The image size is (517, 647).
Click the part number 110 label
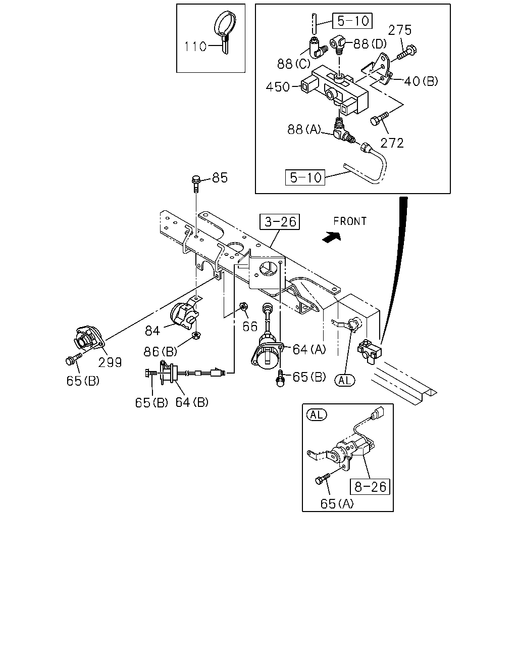(x=195, y=47)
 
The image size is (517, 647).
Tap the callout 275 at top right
(x=399, y=30)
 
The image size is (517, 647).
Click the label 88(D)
(x=370, y=44)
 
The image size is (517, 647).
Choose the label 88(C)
(x=293, y=64)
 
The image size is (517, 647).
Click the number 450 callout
(x=278, y=87)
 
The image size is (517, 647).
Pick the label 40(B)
(x=421, y=81)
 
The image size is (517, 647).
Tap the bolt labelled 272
(x=379, y=118)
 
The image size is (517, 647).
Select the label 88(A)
(x=304, y=129)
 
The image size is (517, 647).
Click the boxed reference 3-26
(x=280, y=222)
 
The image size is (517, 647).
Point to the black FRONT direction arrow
(x=332, y=237)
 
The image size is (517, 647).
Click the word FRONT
(x=350, y=221)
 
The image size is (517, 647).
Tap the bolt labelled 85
(x=196, y=183)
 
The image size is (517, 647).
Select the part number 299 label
(x=110, y=362)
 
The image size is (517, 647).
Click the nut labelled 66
(x=244, y=307)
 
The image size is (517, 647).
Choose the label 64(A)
(x=309, y=349)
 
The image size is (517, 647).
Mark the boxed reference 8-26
(x=370, y=487)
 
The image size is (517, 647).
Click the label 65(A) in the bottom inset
(x=337, y=503)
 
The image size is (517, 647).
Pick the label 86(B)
(x=160, y=351)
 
